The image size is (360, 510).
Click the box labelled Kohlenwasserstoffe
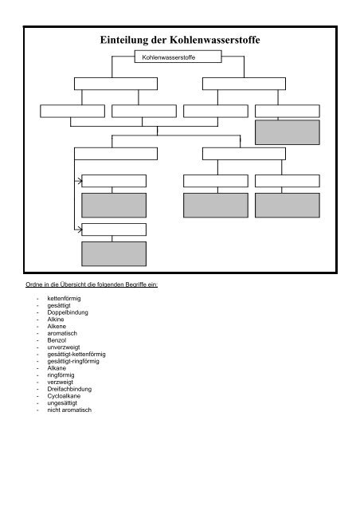click(178, 57)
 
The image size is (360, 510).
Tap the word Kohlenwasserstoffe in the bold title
click(215, 40)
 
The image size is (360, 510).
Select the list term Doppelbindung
click(68, 312)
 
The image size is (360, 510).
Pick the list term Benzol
click(57, 340)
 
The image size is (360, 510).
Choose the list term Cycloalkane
click(64, 396)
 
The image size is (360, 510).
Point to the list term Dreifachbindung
click(69, 389)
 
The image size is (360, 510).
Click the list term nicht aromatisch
click(69, 410)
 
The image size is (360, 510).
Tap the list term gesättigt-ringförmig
click(73, 361)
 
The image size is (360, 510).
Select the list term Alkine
click(56, 320)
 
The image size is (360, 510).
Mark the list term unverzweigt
click(64, 347)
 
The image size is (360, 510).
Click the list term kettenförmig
click(64, 298)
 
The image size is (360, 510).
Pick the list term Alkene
click(57, 326)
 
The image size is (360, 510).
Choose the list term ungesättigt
click(62, 403)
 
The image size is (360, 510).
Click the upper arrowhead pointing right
click(80, 181)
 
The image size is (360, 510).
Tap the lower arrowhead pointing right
click(80, 229)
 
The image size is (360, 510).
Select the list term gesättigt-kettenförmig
click(76, 354)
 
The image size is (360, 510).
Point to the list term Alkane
click(57, 368)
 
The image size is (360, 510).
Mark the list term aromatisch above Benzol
click(62, 333)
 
